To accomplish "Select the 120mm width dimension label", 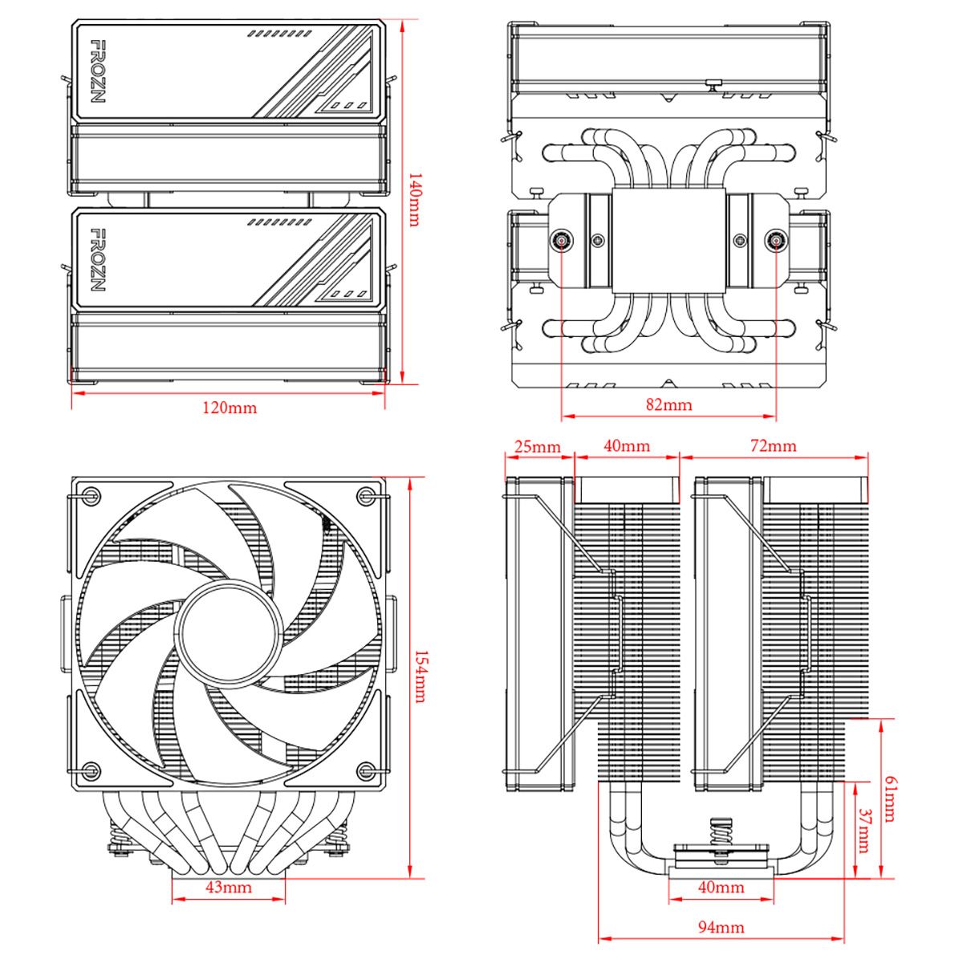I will (x=230, y=408).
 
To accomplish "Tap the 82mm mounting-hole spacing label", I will (x=668, y=404).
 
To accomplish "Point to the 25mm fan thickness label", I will (x=538, y=446).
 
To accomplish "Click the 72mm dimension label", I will (x=774, y=446).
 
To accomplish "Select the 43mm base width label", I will (x=229, y=887).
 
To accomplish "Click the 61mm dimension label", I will (x=888, y=798).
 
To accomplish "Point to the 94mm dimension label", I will (x=721, y=928).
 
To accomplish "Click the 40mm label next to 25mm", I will (x=627, y=446).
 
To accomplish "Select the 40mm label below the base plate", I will (x=721, y=888).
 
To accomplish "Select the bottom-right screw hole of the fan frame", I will (x=368, y=770).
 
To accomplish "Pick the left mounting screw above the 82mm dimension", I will (x=561, y=240).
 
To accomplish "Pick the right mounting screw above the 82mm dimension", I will (x=776, y=240).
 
